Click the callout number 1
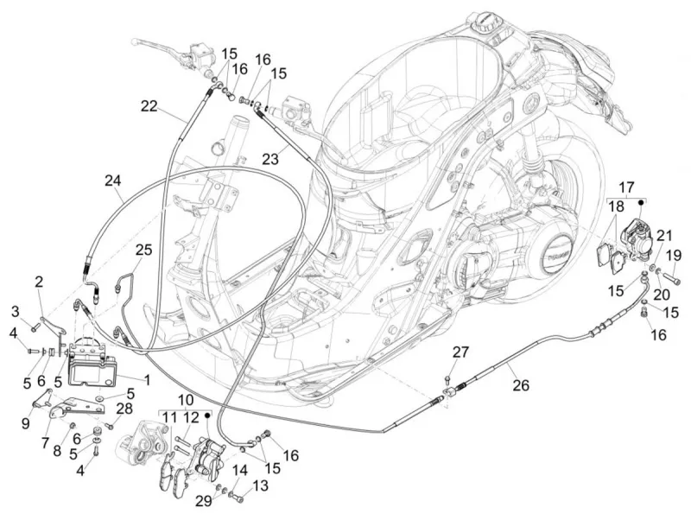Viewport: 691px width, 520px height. pyautogui.click(x=147, y=379)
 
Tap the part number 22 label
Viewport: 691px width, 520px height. pyautogui.click(x=149, y=106)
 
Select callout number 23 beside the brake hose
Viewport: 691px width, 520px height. pyautogui.click(x=270, y=159)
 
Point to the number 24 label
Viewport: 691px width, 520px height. pyautogui.click(x=113, y=181)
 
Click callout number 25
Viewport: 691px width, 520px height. pyautogui.click(x=143, y=250)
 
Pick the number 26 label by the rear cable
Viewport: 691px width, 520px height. pyautogui.click(x=521, y=385)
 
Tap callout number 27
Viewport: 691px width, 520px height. pyautogui.click(x=460, y=352)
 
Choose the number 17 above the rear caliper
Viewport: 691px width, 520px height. pyautogui.click(x=626, y=187)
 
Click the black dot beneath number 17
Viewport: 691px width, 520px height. pyautogui.click(x=642, y=202)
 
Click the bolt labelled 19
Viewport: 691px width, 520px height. pyautogui.click(x=671, y=278)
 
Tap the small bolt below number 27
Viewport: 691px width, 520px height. pyautogui.click(x=447, y=378)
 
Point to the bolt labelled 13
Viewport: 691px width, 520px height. pyautogui.click(x=236, y=498)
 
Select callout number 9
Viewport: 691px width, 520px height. pyautogui.click(x=26, y=423)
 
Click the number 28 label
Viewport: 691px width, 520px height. pyautogui.click(x=124, y=409)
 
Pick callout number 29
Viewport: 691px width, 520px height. pyautogui.click(x=204, y=501)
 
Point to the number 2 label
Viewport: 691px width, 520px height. pyautogui.click(x=39, y=282)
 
